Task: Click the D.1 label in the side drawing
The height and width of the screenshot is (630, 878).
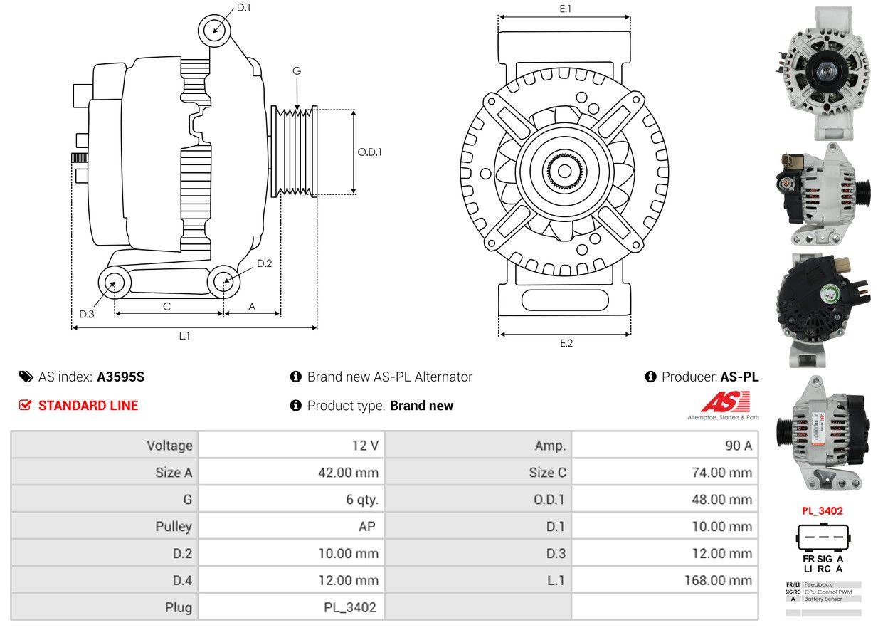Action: [244, 7]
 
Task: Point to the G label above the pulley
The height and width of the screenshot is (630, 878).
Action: [296, 70]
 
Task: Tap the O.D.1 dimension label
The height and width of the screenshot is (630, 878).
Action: [370, 152]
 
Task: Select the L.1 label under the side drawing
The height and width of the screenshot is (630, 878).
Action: [184, 336]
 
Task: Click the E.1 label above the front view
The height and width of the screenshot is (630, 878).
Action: [566, 9]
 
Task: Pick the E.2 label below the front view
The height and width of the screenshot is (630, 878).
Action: [566, 343]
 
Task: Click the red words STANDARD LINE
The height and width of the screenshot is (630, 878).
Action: [88, 406]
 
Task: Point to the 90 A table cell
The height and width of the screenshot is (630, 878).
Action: [738, 446]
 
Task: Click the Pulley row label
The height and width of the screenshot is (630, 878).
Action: [174, 527]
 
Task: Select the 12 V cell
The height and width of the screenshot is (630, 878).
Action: [365, 446]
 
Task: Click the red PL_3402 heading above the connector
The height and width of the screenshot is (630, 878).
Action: [823, 511]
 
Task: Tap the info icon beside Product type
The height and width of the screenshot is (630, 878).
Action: [296, 406]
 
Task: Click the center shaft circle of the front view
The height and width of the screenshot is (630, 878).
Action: [564, 172]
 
